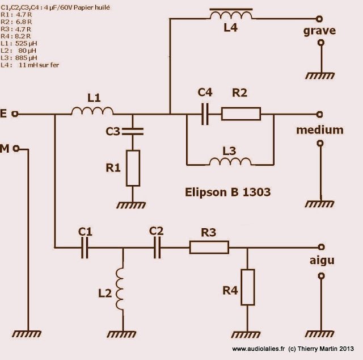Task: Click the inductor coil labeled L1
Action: [92, 112]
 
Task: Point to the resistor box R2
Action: [240, 115]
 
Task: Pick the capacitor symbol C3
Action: [132, 131]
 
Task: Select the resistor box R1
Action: [132, 169]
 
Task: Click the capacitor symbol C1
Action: [85, 247]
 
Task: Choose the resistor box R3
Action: [209, 247]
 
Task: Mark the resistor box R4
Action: [247, 286]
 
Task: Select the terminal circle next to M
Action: [17, 149]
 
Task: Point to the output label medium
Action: [320, 131]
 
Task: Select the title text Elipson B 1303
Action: [227, 192]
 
